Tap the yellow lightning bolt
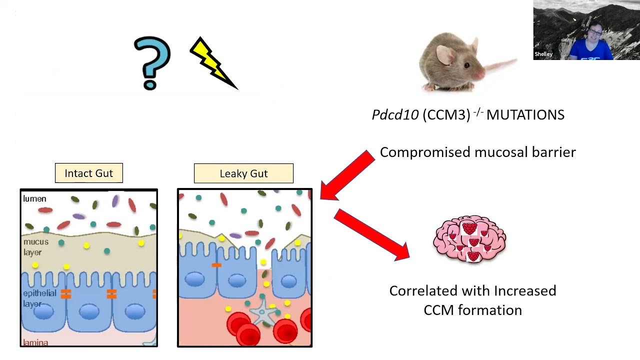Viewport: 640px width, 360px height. (212, 63)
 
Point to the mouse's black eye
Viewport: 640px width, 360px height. (466, 65)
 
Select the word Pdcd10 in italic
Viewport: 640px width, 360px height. (395, 115)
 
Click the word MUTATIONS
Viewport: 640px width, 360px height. (525, 115)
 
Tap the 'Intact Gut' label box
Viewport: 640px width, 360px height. (89, 173)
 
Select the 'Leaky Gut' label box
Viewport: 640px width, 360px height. (243, 173)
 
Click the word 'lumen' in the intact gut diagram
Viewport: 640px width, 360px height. (34, 199)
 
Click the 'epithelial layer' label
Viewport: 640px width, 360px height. (39, 298)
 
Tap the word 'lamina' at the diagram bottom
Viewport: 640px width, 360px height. (35, 342)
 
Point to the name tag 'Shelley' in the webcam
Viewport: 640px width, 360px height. (543, 54)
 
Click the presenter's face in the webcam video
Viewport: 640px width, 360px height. (595, 35)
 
